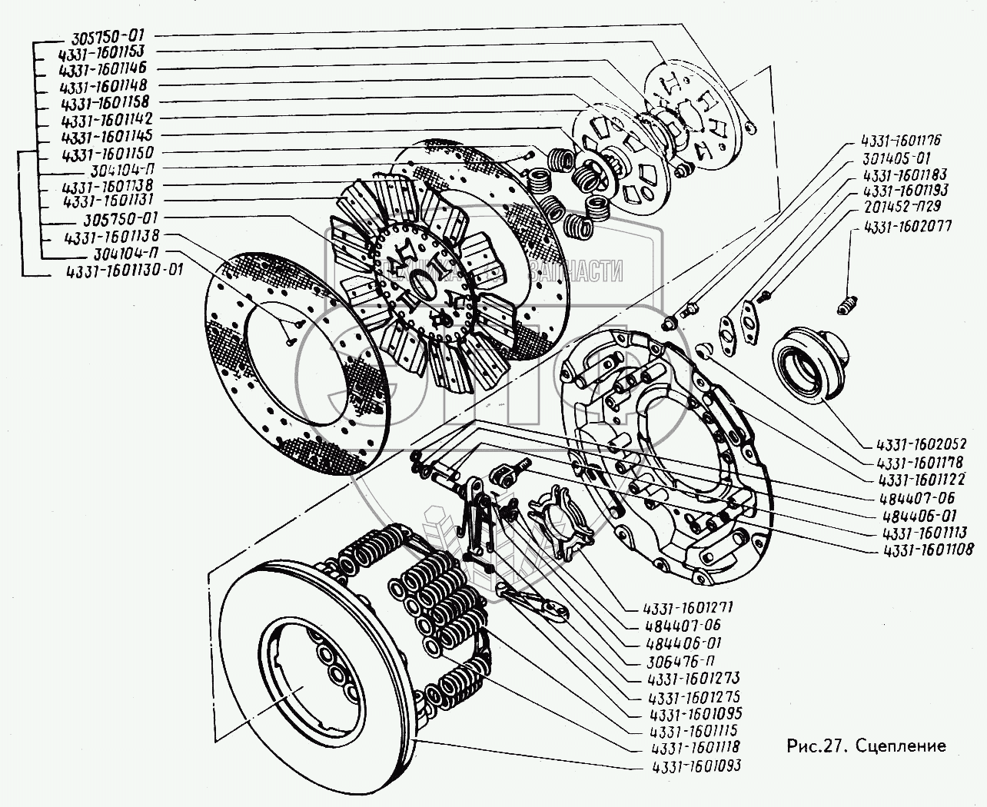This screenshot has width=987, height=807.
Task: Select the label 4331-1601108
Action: (x=918, y=549)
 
